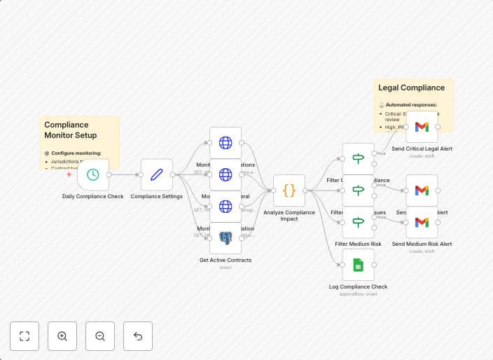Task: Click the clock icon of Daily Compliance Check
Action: point(92,174)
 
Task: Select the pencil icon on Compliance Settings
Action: point(156,174)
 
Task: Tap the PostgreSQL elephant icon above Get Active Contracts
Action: point(225,238)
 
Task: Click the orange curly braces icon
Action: point(289,191)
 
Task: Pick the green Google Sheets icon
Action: point(358,265)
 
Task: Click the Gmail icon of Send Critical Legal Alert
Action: point(422,127)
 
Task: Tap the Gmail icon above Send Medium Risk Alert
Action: point(422,222)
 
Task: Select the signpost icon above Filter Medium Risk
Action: point(358,222)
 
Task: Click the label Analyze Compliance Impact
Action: point(289,215)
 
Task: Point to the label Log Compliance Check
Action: point(358,286)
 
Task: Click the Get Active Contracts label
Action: point(225,260)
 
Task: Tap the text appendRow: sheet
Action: point(358,294)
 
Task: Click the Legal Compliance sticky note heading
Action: point(411,88)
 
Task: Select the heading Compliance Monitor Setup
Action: point(71,130)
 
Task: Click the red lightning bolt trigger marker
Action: point(69,175)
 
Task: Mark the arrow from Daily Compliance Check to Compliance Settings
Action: point(125,174)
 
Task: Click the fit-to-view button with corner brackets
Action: point(25,336)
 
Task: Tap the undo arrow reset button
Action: point(138,336)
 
